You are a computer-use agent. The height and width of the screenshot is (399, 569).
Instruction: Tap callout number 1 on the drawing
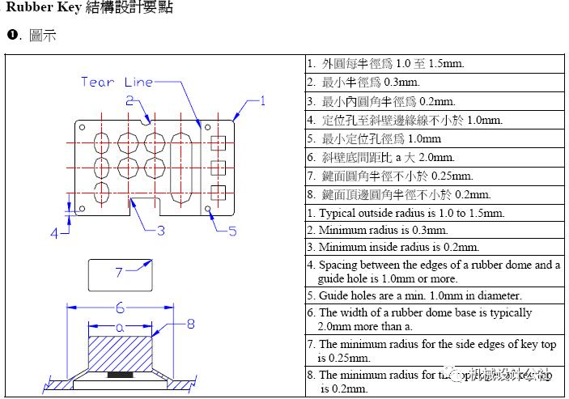261,101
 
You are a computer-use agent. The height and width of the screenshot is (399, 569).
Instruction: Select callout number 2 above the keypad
130,100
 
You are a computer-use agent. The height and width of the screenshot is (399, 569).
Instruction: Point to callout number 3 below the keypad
160,230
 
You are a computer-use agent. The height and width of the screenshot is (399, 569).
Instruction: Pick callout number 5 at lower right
231,231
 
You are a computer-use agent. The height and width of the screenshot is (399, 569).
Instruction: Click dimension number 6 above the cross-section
120,308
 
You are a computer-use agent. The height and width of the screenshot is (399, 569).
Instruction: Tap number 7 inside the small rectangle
118,272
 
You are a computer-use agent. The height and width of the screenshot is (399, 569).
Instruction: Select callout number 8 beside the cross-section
191,324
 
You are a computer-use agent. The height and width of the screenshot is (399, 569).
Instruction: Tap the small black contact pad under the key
121,375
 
